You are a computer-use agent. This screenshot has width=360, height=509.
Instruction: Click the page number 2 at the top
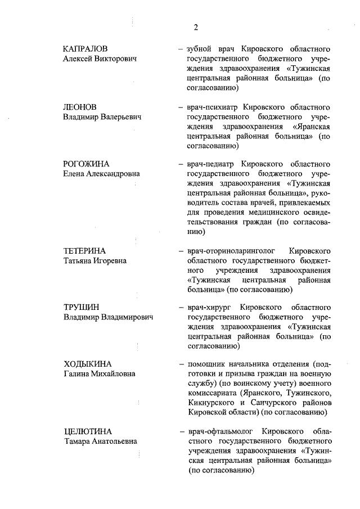[196, 27]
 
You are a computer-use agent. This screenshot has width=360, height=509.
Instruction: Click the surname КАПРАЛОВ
[85, 48]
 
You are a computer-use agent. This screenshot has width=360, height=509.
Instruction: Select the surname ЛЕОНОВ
[80, 106]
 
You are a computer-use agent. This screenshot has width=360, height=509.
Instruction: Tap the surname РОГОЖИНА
[86, 164]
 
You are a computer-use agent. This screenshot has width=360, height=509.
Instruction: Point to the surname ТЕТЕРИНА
[84, 250]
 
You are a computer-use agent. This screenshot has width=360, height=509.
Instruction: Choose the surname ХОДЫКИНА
[87, 364]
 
